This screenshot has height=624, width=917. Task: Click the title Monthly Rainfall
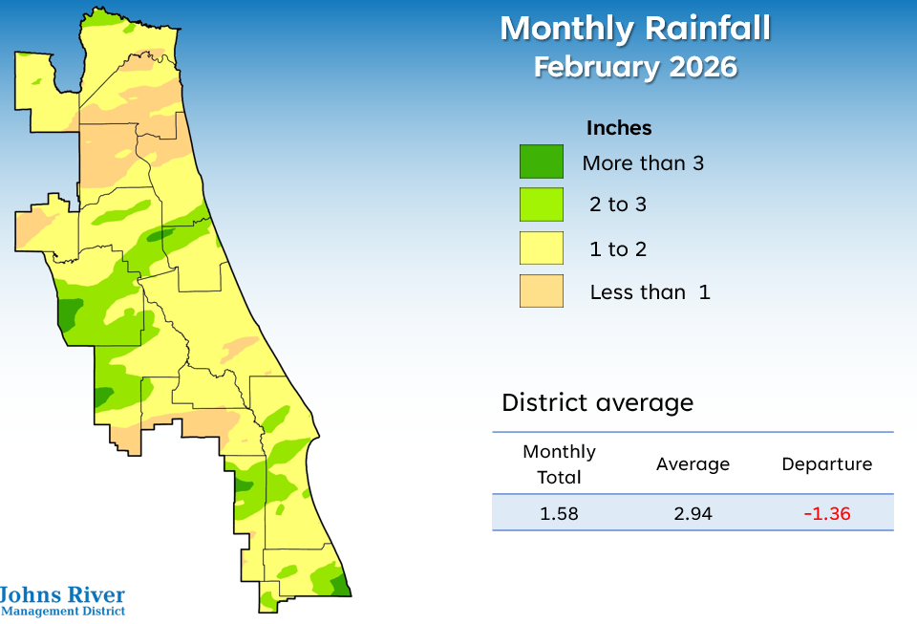(634, 29)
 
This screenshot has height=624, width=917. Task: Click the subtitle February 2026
(634, 68)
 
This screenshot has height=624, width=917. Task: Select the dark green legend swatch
(541, 161)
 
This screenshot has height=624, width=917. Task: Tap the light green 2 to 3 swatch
(541, 204)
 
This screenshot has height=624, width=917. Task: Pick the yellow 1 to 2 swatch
(541, 248)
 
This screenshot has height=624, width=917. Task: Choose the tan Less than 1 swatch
(541, 291)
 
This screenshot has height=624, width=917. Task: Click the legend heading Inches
(619, 128)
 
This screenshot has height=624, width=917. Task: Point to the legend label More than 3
(643, 162)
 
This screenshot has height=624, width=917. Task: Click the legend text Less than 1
(650, 292)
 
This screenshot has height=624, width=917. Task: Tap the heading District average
(597, 402)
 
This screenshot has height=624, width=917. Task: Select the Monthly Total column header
(559, 463)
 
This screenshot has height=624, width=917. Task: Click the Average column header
(693, 464)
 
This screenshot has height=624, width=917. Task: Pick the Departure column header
(826, 464)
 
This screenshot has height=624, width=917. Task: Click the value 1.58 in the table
(559, 514)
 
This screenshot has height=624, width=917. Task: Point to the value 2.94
(693, 514)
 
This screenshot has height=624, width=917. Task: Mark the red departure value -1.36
(826, 514)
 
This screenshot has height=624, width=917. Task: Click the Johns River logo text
(62, 594)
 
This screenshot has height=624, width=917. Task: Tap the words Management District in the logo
(63, 612)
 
